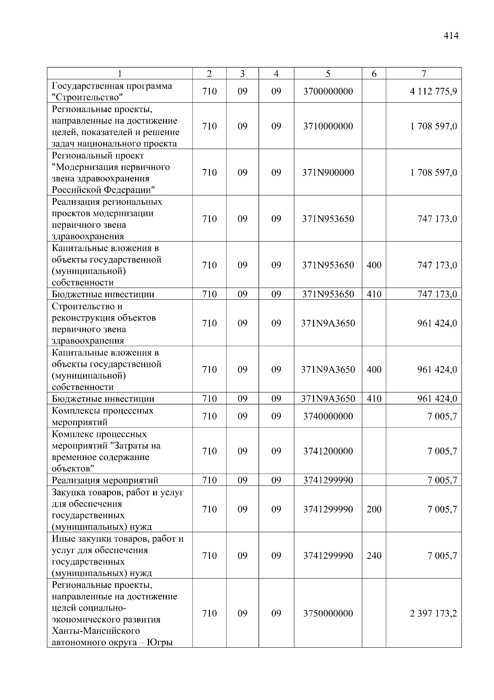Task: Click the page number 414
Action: (451, 36)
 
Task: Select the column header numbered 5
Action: (328, 74)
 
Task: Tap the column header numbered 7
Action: (424, 74)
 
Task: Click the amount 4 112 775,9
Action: (433, 92)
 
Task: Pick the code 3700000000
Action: (328, 92)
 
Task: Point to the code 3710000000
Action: (328, 126)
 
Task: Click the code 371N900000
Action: (328, 173)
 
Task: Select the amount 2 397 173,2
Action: (433, 613)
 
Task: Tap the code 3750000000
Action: (328, 613)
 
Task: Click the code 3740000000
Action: (328, 416)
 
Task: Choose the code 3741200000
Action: (328, 451)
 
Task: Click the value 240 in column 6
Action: (374, 556)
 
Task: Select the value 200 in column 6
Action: (374, 510)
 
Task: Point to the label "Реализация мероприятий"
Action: (105, 480)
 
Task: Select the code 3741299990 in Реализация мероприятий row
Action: (328, 480)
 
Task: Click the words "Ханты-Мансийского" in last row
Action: (96, 631)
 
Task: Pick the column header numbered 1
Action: (119, 74)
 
